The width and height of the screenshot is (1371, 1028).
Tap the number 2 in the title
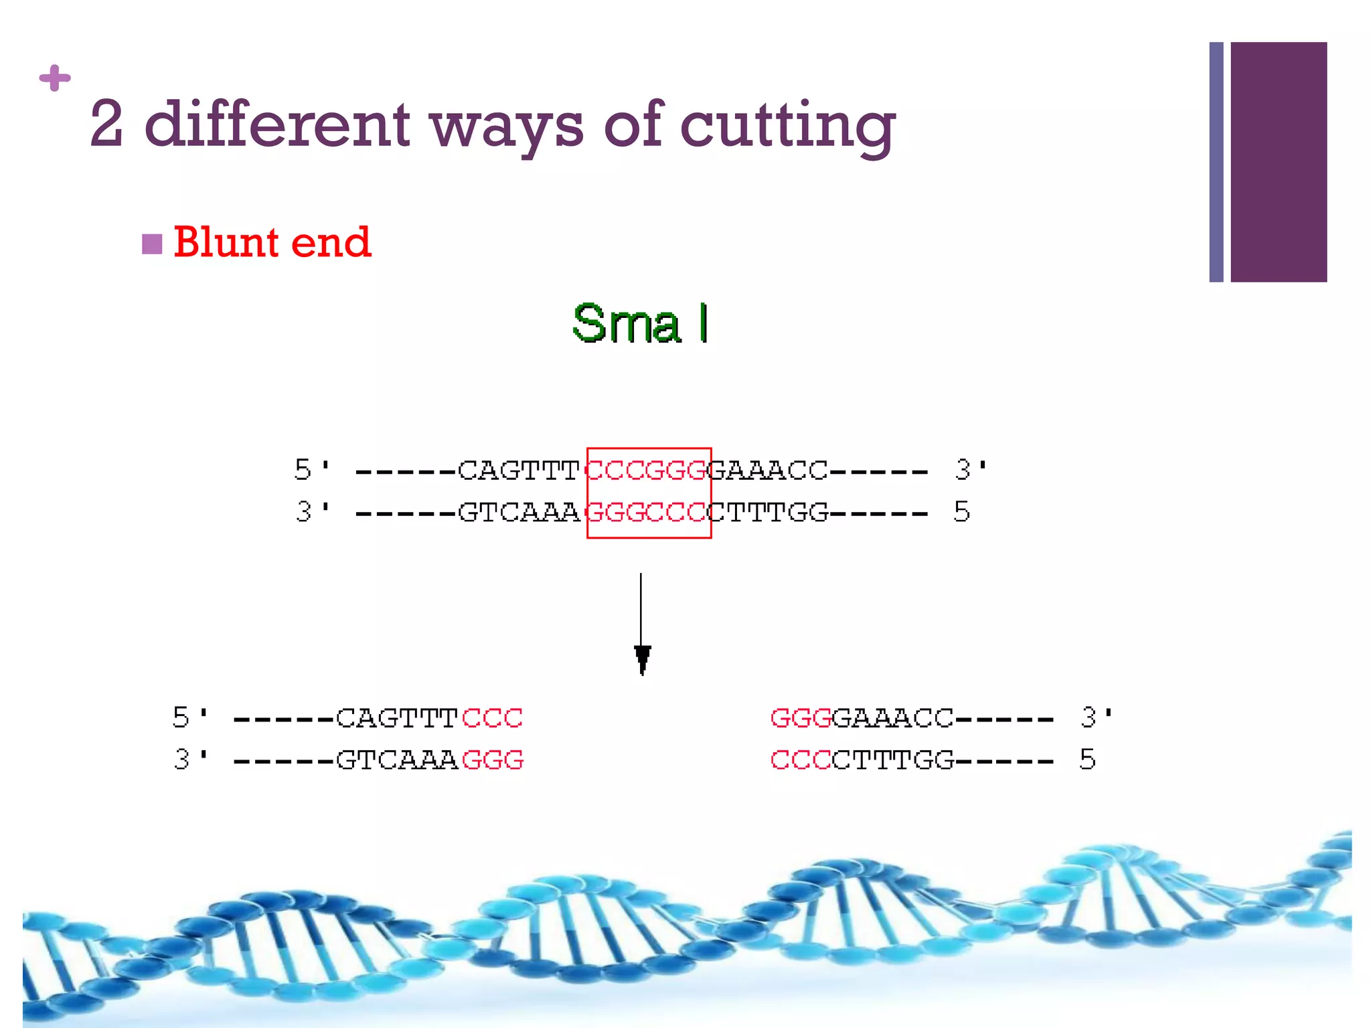[106, 124]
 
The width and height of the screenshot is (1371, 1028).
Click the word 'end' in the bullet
[331, 242]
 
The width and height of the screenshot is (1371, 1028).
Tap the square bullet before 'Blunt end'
[152, 244]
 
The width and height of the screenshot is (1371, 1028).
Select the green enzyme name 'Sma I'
[640, 323]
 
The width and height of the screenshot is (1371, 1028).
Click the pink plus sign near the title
[55, 78]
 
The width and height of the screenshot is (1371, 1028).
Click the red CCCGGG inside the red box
[647, 470]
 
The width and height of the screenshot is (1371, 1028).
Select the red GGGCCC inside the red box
[647, 513]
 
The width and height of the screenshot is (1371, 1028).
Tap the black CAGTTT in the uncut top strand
[518, 470]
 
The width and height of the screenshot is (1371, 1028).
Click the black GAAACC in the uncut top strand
[769, 470]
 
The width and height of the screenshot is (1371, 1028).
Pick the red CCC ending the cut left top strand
[492, 718]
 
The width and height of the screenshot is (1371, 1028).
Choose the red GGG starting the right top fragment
[801, 718]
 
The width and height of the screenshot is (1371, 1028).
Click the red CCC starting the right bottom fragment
[801, 760]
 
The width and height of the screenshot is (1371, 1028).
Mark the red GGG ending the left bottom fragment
[492, 760]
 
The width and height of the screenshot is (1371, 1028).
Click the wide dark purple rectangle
[1278, 162]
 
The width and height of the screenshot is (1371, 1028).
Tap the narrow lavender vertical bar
[1216, 162]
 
